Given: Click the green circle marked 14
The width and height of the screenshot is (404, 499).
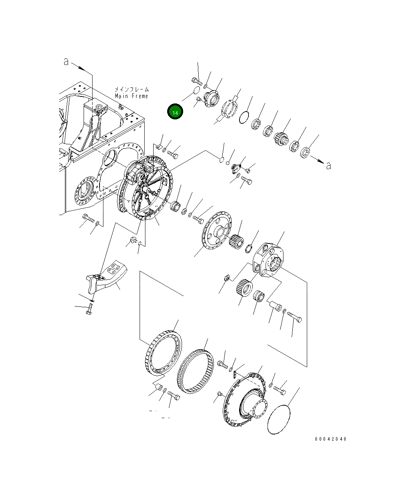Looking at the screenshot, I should (x=175, y=112).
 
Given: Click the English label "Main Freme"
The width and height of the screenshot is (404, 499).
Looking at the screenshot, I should (x=131, y=96).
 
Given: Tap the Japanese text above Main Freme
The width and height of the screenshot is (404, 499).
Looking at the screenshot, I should (x=132, y=89).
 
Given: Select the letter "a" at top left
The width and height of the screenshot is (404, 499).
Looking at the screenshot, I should (x=66, y=61).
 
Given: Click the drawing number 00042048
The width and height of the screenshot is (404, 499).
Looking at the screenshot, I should (x=330, y=439).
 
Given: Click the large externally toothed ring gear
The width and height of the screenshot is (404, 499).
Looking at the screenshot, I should (x=163, y=353).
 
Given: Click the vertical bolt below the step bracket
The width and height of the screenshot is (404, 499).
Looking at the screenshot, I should (x=89, y=309).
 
